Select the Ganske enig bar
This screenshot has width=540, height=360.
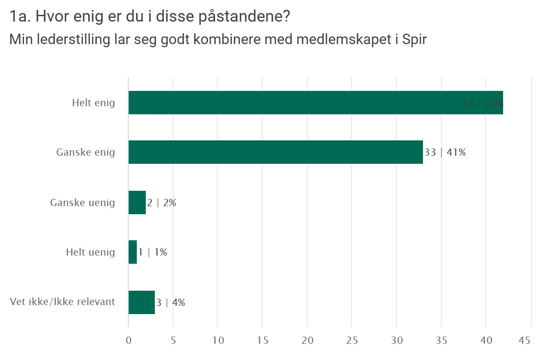pyautogui.click(x=275, y=152)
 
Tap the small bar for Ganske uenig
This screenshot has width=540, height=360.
pyautogui.click(x=137, y=202)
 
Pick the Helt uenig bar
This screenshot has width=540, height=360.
pyautogui.click(x=133, y=252)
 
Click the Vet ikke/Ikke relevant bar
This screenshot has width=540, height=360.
pyautogui.click(x=142, y=302)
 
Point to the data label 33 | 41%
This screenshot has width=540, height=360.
pyautogui.click(x=445, y=152)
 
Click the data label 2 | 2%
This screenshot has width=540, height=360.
pyautogui.click(x=162, y=202)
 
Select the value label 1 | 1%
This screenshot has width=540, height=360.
pyautogui.click(x=153, y=252)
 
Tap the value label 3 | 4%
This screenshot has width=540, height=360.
pyautogui.click(x=171, y=302)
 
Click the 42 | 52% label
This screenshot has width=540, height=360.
pyautogui.click(x=482, y=103)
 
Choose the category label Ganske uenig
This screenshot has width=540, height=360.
pyautogui.click(x=82, y=202)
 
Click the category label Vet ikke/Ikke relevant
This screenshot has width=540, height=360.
pyautogui.click(x=63, y=301)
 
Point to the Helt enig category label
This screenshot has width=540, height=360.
pyautogui.click(x=94, y=103)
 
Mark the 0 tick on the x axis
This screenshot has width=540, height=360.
pyautogui.click(x=129, y=341)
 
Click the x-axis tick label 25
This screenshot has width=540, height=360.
pyautogui.click(x=352, y=341)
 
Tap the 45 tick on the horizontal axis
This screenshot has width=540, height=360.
pyautogui.click(x=525, y=341)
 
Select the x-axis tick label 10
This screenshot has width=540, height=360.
pyautogui.click(x=218, y=341)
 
